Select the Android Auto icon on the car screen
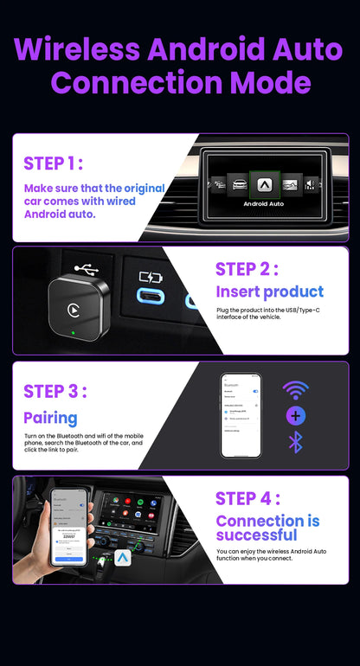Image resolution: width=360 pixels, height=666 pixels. (263, 183)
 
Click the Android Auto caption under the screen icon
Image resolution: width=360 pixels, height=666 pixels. (263, 204)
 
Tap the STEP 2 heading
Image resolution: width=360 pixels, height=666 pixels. (247, 269)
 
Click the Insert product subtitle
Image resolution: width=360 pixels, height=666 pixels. (269, 292)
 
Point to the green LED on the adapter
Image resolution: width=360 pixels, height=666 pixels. (76, 334)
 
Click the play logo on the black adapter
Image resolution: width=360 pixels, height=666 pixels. (75, 307)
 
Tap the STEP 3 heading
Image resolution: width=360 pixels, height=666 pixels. (55, 391)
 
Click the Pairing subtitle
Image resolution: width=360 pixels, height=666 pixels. (50, 418)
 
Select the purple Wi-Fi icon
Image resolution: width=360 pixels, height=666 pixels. (295, 390)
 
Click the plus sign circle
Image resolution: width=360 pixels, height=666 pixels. (295, 416)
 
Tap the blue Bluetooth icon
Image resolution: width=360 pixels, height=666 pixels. (295, 443)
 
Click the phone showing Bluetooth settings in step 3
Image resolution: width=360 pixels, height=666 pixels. (241, 415)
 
